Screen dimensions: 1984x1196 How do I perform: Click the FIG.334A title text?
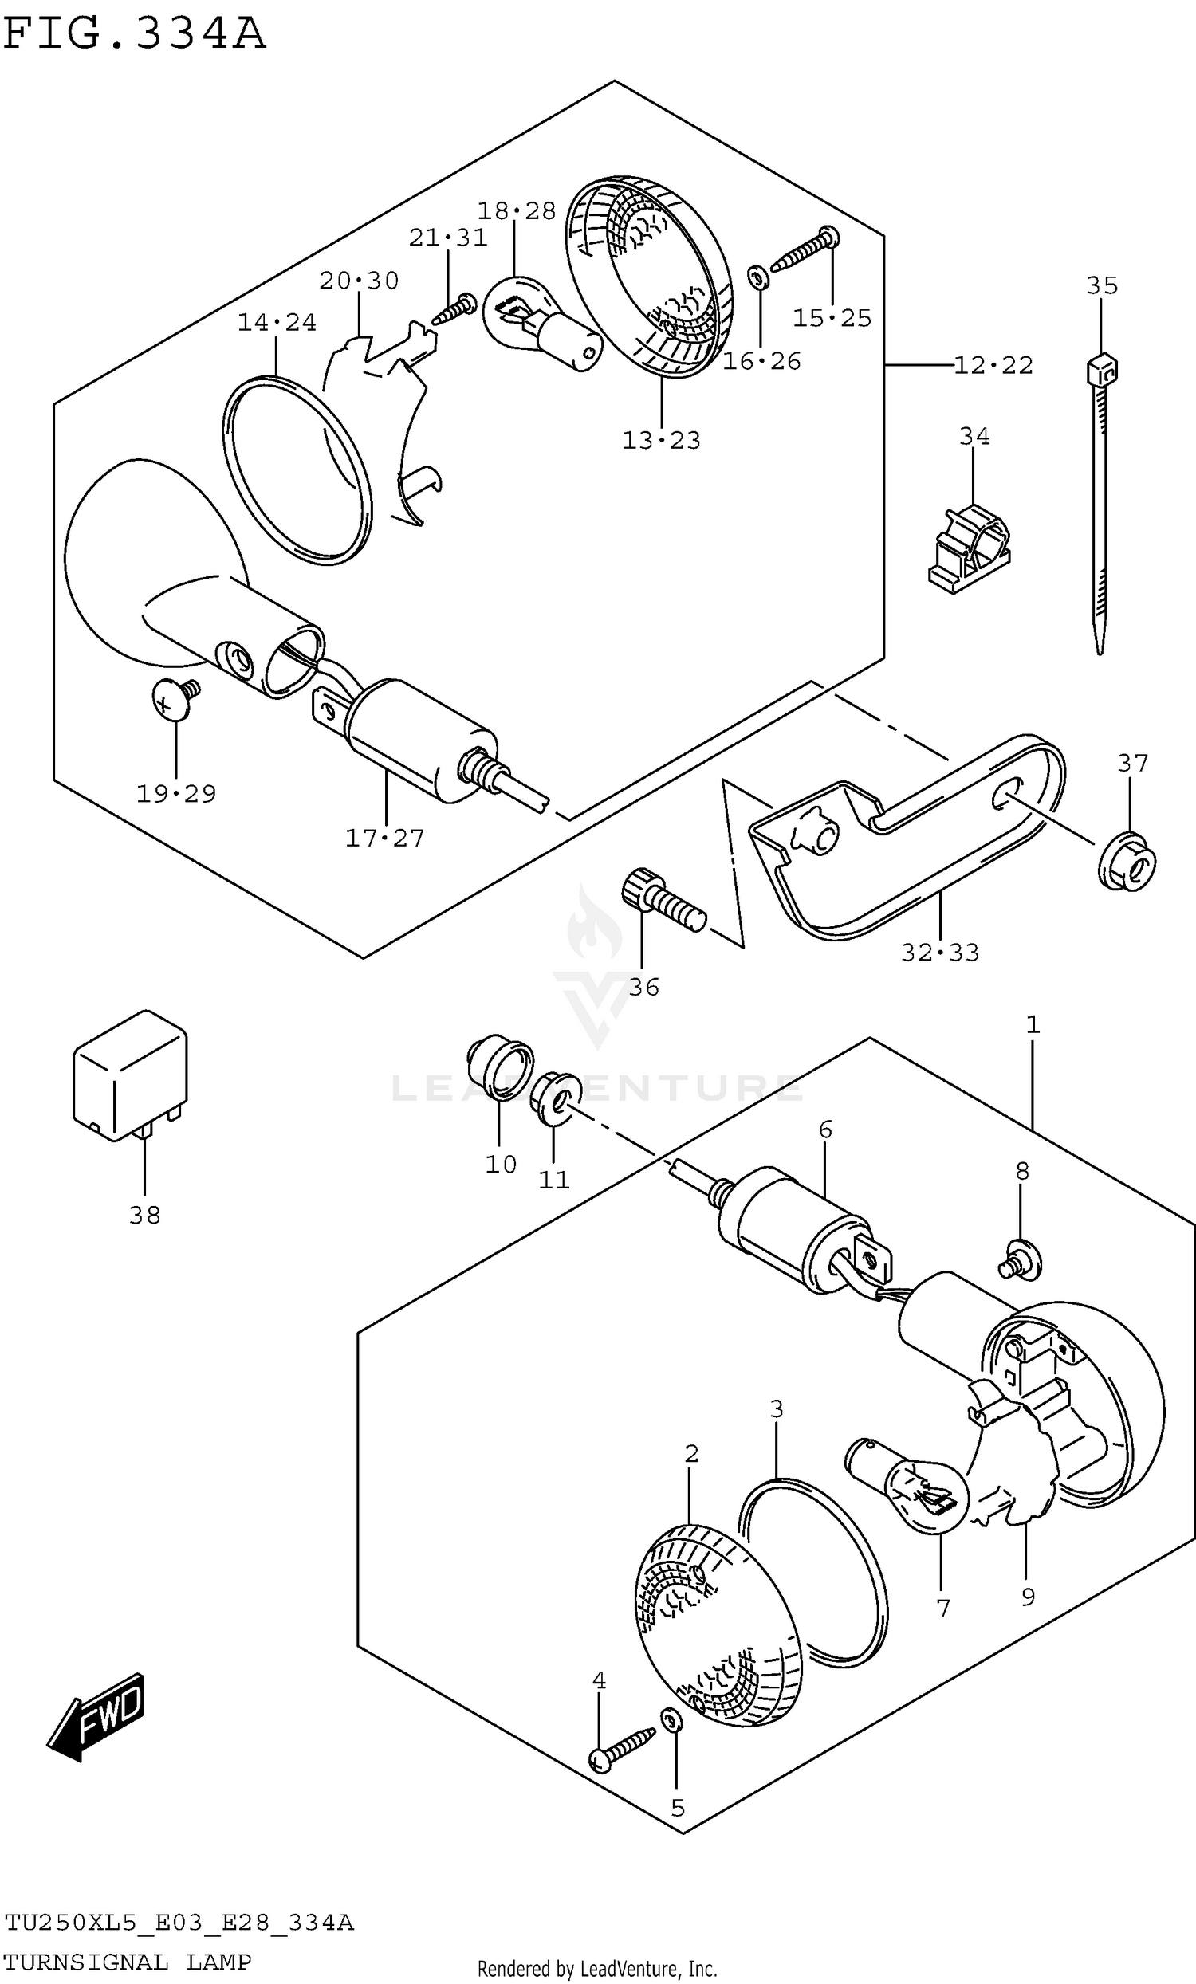pyautogui.click(x=134, y=33)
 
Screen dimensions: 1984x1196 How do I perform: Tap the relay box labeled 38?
pyautogui.click(x=130, y=1075)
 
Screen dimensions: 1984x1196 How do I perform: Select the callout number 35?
pyautogui.click(x=1102, y=286)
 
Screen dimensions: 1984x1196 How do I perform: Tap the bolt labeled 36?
pyautogui.click(x=663, y=900)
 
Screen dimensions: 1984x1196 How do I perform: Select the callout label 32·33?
pyautogui.click(x=940, y=953)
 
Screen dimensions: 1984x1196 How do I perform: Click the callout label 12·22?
pyautogui.click(x=993, y=366)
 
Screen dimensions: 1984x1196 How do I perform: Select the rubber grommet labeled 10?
pyautogui.click(x=500, y=1068)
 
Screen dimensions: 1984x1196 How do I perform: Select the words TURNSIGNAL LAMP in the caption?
pyautogui.click(x=128, y=1963)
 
